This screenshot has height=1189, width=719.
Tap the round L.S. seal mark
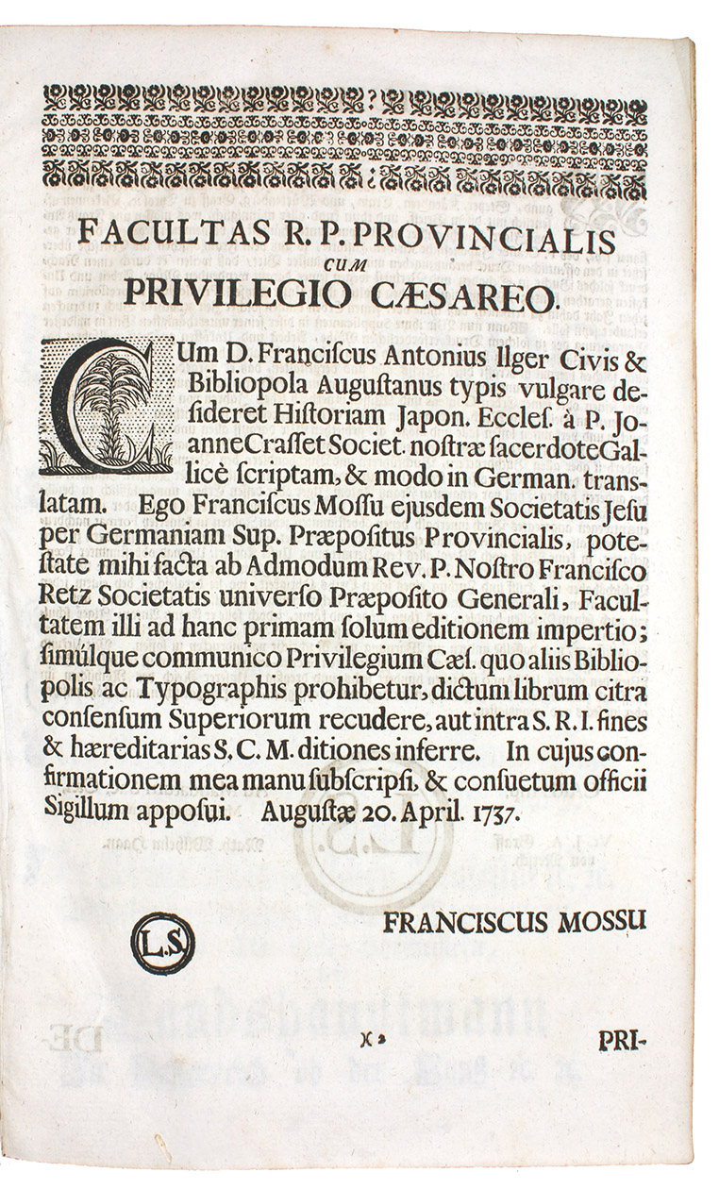162,944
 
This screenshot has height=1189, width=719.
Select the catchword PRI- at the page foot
624,1041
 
